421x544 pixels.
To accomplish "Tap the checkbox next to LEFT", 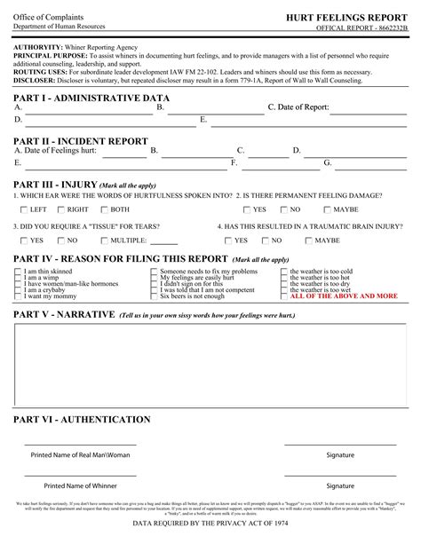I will click(x=23, y=209).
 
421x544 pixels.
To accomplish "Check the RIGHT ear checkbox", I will click(x=60, y=209).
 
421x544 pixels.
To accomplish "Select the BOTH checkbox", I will click(x=103, y=209).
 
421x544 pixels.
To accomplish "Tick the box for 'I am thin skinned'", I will click(x=20, y=272).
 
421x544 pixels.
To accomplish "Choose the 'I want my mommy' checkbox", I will click(x=20, y=296).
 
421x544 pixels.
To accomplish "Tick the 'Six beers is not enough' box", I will click(x=154, y=296).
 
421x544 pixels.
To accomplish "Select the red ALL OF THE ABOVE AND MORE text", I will click(x=344, y=296).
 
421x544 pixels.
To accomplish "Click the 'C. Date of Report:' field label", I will click(x=298, y=107).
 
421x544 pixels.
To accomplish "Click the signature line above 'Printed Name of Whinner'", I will click(x=79, y=476).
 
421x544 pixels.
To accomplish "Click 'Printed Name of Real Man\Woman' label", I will click(x=80, y=455).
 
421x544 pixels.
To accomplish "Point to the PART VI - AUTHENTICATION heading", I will click(x=83, y=420).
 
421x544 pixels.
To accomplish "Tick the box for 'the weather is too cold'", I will click(x=286, y=272).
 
